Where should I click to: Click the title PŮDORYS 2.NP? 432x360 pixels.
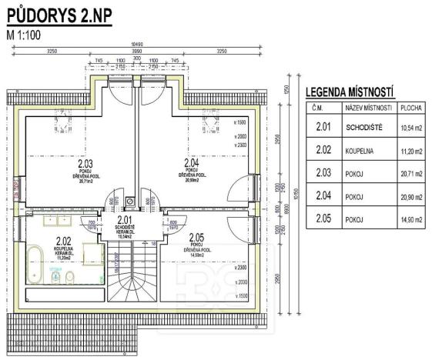pyautogui.click(x=59, y=16)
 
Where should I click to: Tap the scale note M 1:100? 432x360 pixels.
pyautogui.click(x=24, y=34)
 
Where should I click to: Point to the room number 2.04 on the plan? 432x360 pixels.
pyautogui.click(x=192, y=163)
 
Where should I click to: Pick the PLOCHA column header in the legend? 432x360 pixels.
pyautogui.click(x=413, y=109)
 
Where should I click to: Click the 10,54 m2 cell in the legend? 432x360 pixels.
pyautogui.click(x=413, y=128)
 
